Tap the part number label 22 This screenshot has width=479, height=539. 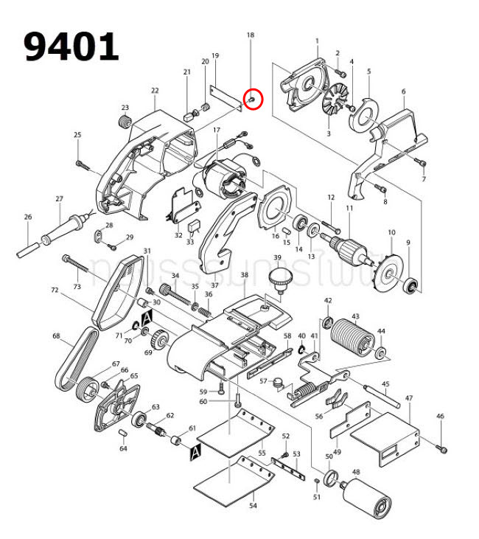point(155,91)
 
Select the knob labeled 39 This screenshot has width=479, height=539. point(279,279)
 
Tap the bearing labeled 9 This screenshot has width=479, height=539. point(412,285)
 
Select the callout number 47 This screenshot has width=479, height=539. point(408,399)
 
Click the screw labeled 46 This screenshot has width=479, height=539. point(444,447)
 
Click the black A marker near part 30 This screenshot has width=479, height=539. point(146,316)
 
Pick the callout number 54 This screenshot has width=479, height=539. point(253,507)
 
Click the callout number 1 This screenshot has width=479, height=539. point(317,41)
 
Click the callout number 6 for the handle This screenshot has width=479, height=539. point(403,91)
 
